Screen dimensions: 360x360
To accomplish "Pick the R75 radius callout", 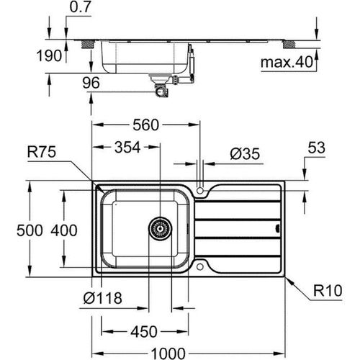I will (44, 152).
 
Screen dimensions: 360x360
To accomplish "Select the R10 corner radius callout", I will (328, 293).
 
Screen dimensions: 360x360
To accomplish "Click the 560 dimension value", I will (145, 125).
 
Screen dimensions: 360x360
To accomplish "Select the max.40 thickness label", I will (288, 63).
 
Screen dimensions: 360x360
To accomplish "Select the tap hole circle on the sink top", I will (202, 192).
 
